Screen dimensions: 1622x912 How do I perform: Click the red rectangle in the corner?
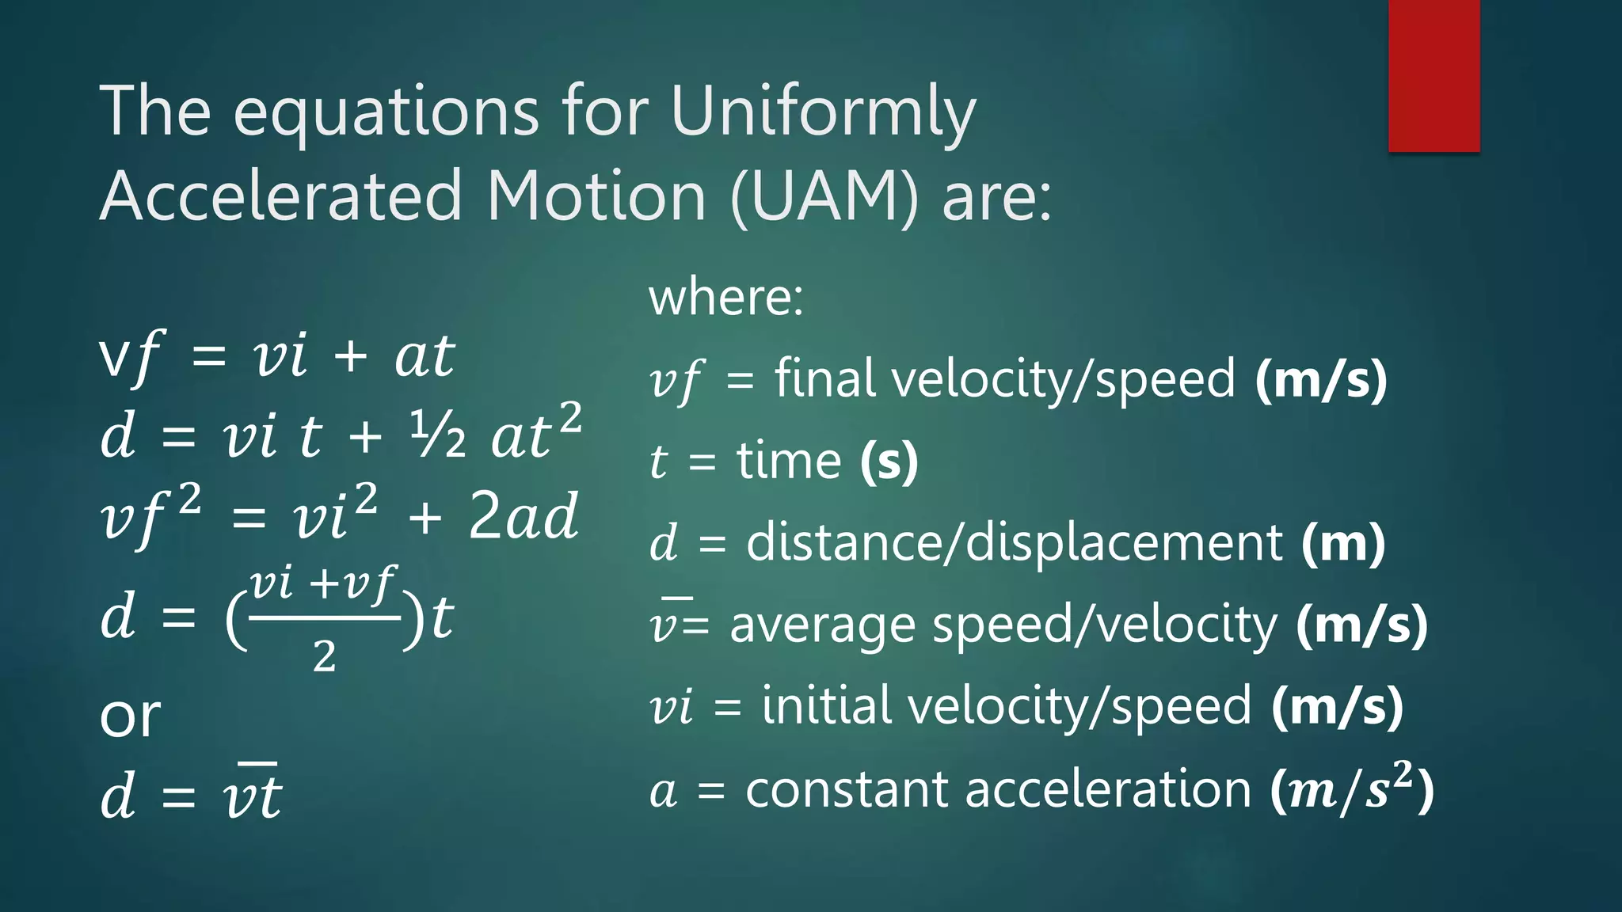click(1434, 75)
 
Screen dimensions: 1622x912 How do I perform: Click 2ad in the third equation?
click(523, 516)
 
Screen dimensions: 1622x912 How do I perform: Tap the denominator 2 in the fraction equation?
click(324, 656)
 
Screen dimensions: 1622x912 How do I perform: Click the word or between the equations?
click(130, 716)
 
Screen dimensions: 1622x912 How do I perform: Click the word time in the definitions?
click(789, 461)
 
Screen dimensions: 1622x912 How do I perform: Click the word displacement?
click(1125, 543)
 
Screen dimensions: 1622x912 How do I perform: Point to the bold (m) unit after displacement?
click(1343, 543)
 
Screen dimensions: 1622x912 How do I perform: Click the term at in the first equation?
click(425, 356)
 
